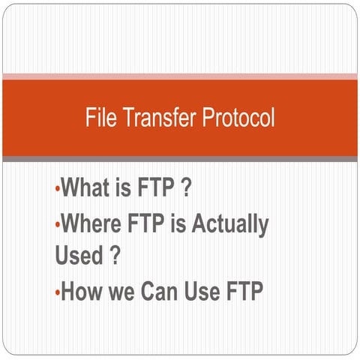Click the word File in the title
100,118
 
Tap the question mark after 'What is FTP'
184,187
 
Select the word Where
91,223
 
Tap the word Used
79,255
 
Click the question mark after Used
115,255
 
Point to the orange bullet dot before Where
58,224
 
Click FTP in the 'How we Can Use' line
245,291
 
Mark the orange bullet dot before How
58,292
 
